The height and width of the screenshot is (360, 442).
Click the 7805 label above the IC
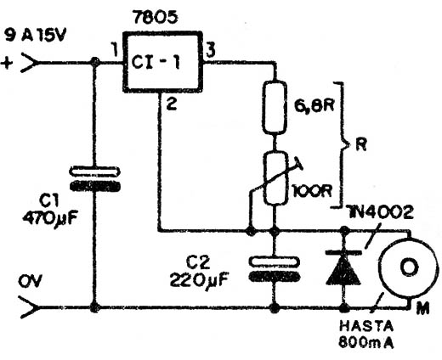click(x=156, y=18)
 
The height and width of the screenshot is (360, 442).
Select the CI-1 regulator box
click(x=162, y=62)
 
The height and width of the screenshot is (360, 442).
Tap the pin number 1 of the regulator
click(x=115, y=50)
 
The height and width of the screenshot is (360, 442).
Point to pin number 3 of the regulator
click(x=210, y=50)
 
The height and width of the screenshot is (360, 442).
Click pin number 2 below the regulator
click(x=172, y=104)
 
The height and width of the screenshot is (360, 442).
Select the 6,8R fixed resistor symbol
click(x=274, y=107)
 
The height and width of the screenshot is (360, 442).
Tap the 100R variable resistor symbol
click(x=275, y=178)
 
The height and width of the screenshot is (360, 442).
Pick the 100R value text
click(x=312, y=192)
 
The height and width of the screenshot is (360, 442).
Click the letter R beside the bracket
click(x=361, y=145)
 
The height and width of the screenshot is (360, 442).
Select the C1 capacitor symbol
click(x=94, y=179)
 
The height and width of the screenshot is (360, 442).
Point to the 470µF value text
click(x=50, y=218)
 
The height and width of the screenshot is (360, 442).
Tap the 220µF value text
click(x=199, y=280)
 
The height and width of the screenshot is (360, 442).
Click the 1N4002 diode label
click(x=380, y=212)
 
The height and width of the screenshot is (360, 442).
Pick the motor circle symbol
click(x=408, y=267)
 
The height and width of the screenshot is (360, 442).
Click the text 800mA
click(x=366, y=342)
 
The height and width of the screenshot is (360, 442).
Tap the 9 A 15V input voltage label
click(x=36, y=37)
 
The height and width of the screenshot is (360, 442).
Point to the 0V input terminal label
click(x=31, y=281)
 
